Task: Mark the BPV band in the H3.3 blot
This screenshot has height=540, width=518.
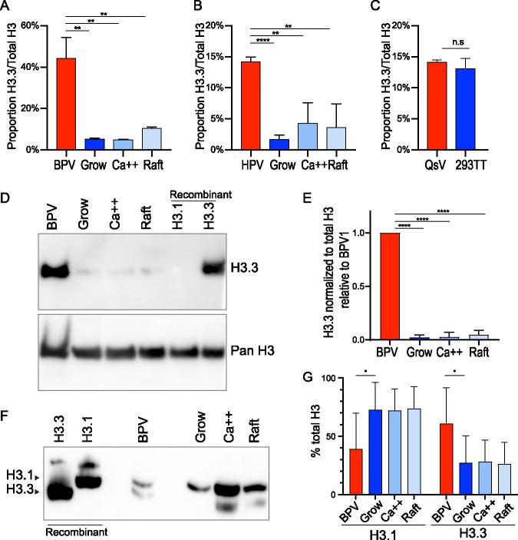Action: coord(53,272)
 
